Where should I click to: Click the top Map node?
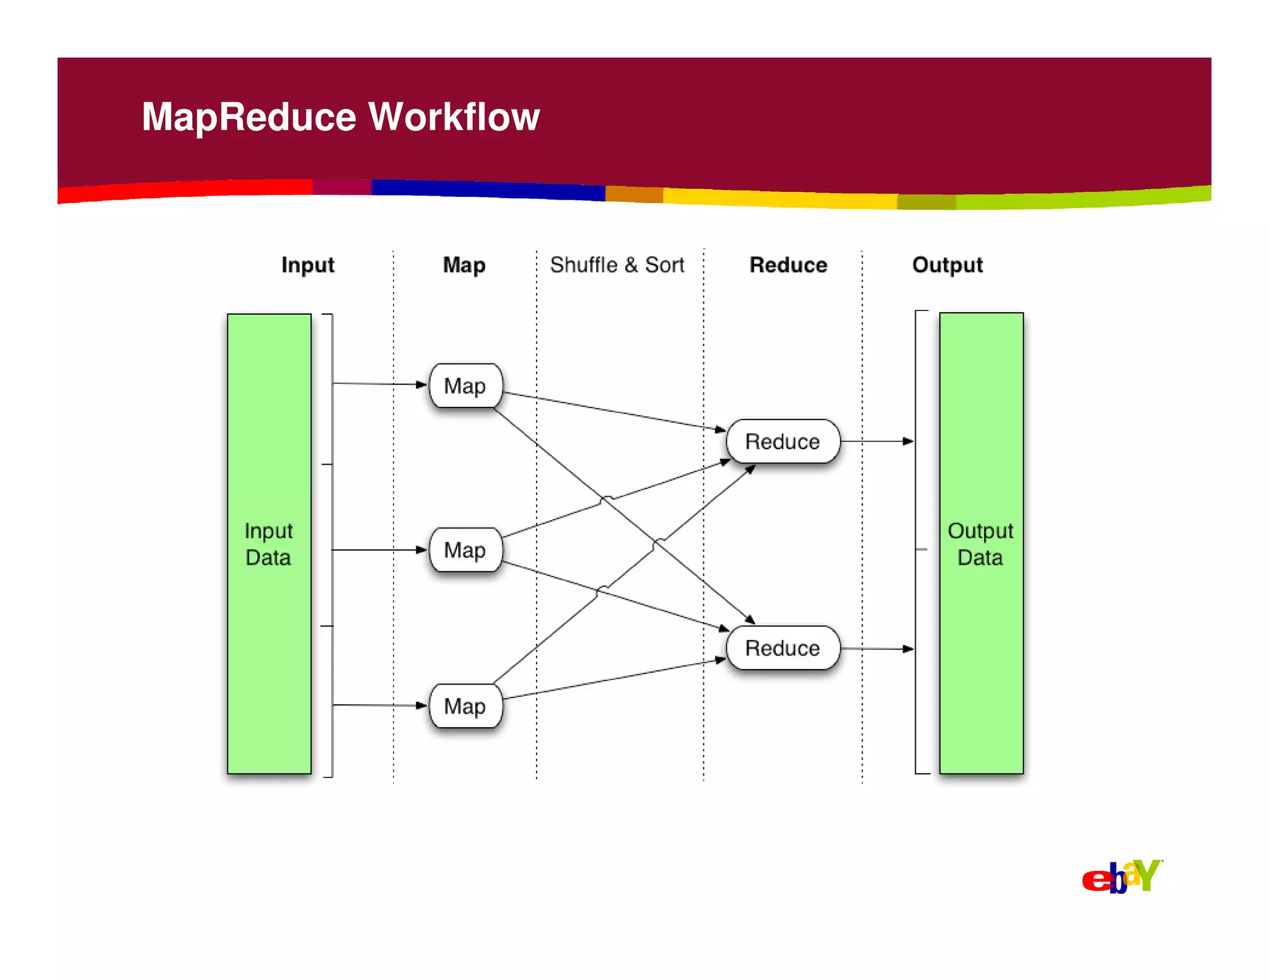coord(465,385)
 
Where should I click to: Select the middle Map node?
coord(465,549)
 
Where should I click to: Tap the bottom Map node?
coord(465,706)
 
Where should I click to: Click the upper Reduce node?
coord(783,441)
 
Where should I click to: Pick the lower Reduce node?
coord(783,648)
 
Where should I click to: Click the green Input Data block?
coord(269,543)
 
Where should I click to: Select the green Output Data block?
coord(981,543)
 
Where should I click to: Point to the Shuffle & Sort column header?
coord(617,265)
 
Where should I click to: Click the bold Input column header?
coord(308,265)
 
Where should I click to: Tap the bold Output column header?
coord(947,265)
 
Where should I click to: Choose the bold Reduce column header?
coord(788,265)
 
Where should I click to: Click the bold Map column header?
coord(464,265)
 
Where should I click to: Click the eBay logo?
coord(1122,877)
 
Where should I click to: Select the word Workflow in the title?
coord(454,116)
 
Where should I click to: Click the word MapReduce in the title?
coord(249,116)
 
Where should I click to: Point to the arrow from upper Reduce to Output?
coord(877,441)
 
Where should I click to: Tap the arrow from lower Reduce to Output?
coord(877,649)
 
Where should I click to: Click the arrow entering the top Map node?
coord(379,384)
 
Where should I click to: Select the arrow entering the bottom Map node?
coord(379,705)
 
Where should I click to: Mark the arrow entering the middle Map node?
coord(379,549)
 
